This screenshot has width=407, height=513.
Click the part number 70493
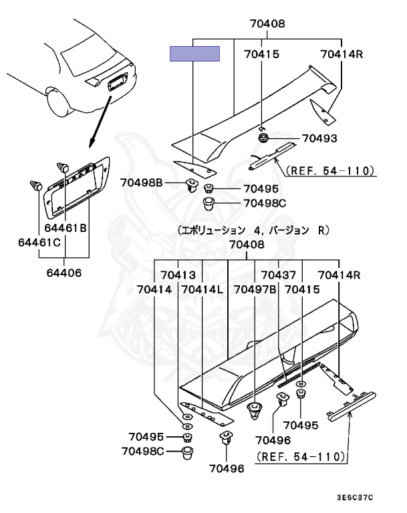[x=319, y=139]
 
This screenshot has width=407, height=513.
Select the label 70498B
[x=142, y=182]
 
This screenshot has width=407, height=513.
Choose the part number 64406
[x=64, y=272]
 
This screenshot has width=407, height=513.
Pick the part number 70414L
[x=202, y=289]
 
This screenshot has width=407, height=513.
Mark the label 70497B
[x=255, y=289]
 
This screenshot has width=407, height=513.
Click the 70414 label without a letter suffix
[x=154, y=289]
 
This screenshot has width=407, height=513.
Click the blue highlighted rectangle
[x=195, y=54]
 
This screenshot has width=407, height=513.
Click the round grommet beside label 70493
[x=264, y=138]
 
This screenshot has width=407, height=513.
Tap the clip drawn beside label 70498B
[x=192, y=183]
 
